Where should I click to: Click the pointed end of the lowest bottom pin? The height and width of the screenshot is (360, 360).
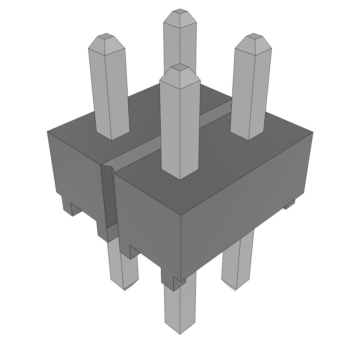click(180, 332)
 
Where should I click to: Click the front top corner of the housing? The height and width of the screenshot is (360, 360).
click(180, 215)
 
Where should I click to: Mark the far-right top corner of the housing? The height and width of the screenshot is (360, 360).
click(313, 133)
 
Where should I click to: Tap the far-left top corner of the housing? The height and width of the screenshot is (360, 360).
click(48, 131)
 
